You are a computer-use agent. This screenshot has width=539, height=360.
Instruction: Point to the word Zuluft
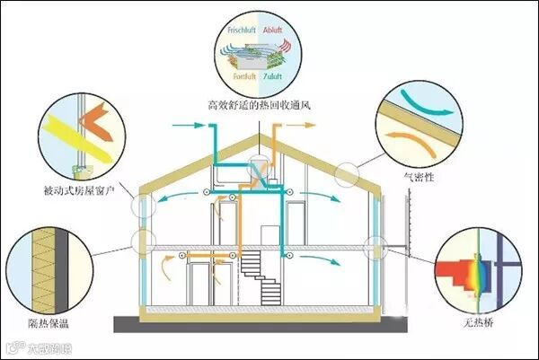coord(275,76)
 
